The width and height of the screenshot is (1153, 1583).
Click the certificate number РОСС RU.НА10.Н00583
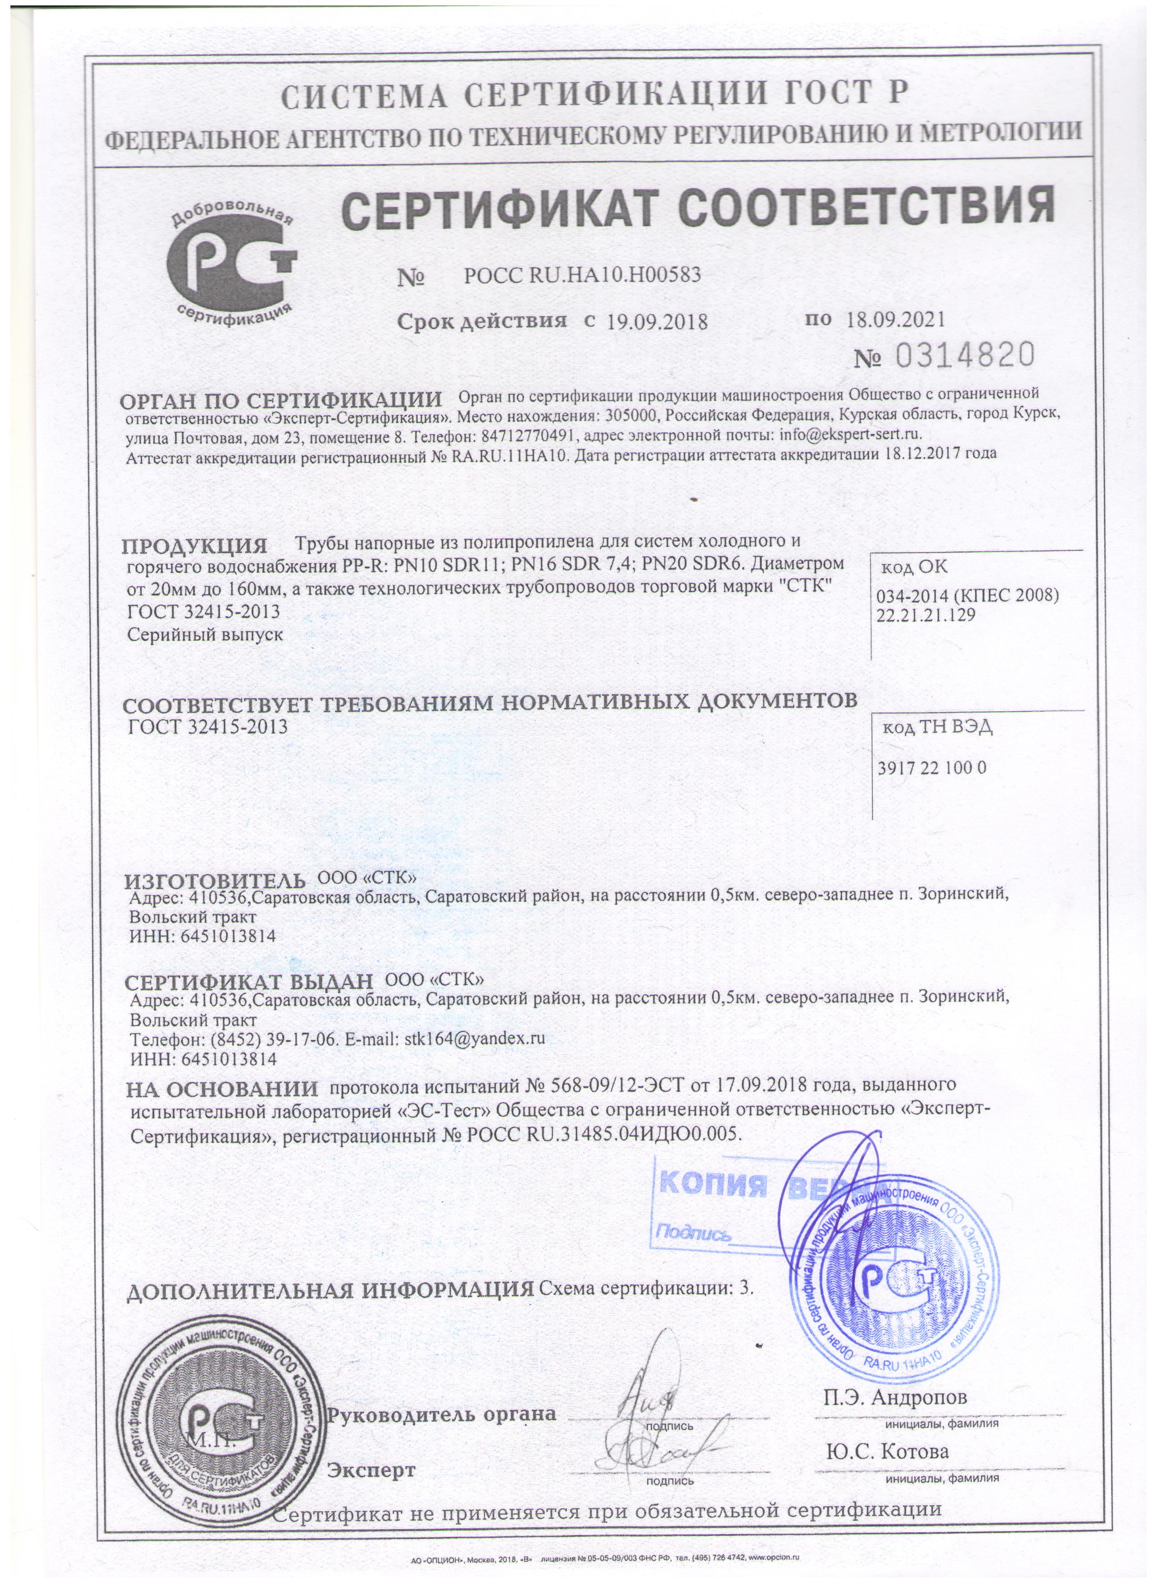[582, 276]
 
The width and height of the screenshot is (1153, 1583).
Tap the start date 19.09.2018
[657, 322]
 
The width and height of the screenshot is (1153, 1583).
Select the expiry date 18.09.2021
[895, 320]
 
